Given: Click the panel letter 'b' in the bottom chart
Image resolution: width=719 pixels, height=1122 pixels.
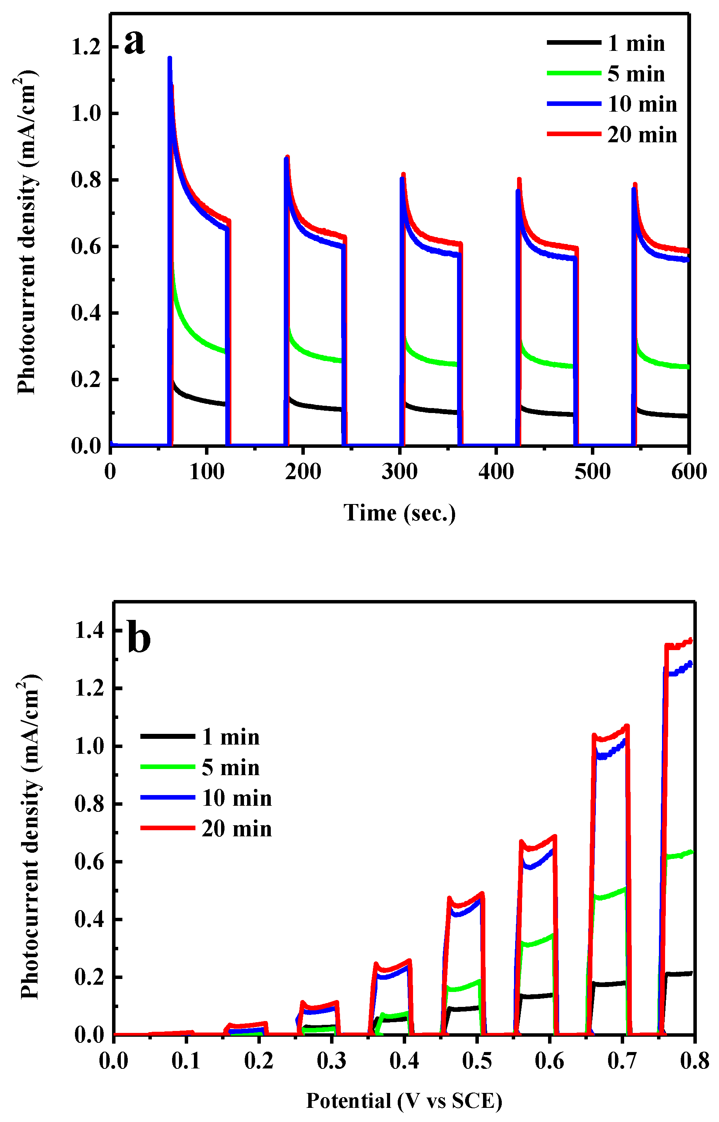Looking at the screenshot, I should [x=139, y=639].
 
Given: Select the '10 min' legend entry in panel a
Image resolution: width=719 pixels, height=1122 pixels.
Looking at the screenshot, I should [x=642, y=104].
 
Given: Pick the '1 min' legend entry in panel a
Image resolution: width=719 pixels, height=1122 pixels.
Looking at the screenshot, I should [x=636, y=44].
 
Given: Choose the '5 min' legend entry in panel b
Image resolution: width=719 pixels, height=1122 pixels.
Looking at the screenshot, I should [x=231, y=768].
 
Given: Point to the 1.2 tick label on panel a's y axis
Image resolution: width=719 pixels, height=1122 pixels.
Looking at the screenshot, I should [x=86, y=47].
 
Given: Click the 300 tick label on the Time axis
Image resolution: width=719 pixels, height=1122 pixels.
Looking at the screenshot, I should [x=399, y=472].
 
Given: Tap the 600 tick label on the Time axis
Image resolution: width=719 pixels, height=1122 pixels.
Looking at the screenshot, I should [x=689, y=472].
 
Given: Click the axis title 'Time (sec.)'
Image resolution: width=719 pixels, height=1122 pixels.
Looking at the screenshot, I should [x=400, y=513].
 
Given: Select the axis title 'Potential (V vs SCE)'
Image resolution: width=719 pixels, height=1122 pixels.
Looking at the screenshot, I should [x=404, y=1101].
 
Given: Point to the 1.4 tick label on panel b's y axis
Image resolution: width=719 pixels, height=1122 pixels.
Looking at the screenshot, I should [x=89, y=631].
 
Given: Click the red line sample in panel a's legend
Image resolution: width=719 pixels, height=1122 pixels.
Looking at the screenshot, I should [x=574, y=134].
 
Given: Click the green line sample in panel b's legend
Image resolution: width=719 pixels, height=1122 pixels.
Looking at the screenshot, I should [x=168, y=767].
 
